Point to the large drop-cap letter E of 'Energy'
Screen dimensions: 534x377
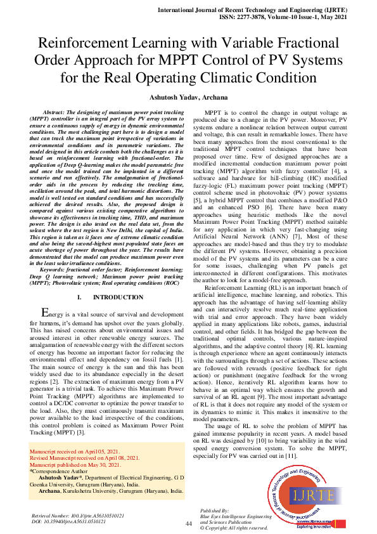(44, 313)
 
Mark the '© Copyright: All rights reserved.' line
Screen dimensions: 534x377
(233, 528)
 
